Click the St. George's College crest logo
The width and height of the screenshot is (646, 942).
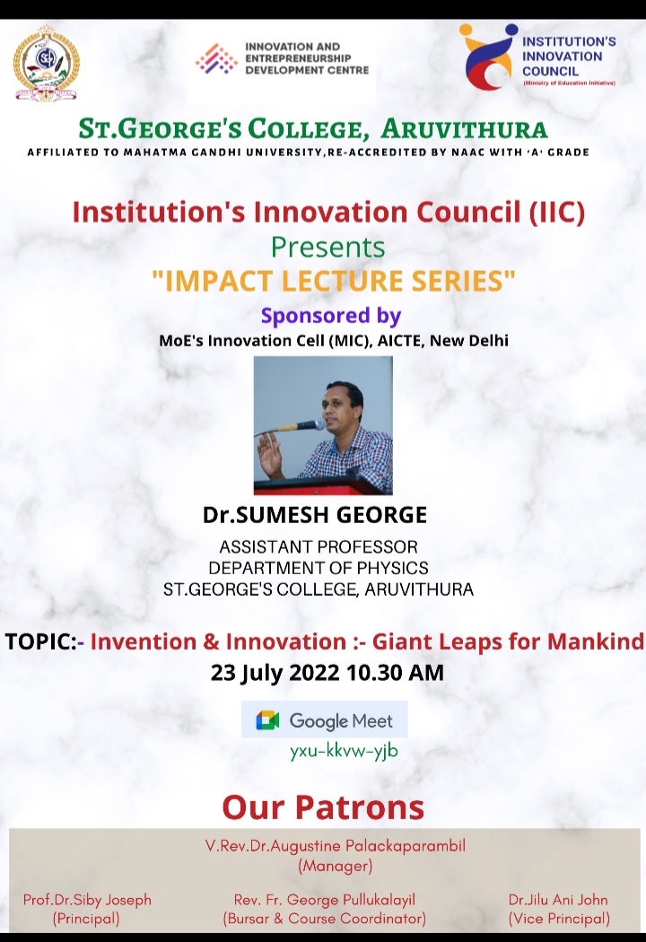point(47,63)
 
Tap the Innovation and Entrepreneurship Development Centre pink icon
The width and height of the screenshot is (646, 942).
point(216,59)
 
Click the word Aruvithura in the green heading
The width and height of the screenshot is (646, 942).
point(464,129)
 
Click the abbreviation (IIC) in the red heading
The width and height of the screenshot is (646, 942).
point(556,212)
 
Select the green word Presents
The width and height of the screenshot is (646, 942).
point(328,248)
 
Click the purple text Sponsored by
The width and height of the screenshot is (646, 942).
point(330,316)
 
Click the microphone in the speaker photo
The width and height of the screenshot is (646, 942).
point(294,427)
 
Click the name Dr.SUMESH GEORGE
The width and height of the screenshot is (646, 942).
point(315,515)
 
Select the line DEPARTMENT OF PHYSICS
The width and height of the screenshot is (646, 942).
point(319,568)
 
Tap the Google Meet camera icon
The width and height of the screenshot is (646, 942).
point(267,720)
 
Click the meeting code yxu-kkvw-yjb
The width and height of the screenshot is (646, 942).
point(344,751)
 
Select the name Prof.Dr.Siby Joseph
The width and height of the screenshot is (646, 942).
point(87,900)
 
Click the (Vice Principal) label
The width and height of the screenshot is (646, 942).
point(559,919)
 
